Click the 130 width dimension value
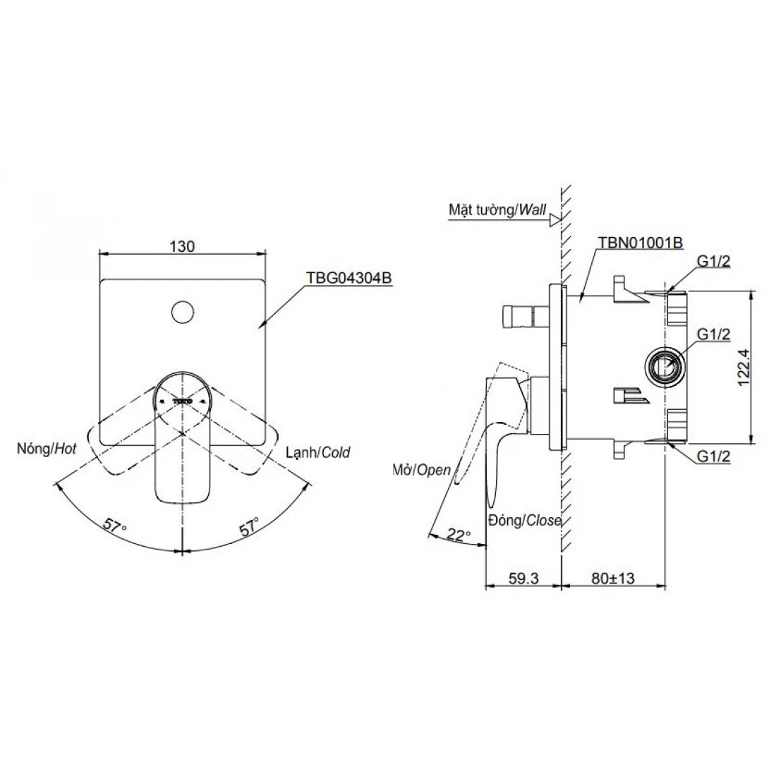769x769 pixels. click(x=182, y=246)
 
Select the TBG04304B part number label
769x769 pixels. click(x=348, y=278)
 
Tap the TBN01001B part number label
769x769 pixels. click(x=640, y=243)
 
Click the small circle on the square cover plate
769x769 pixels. click(x=183, y=310)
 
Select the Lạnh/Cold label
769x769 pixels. click(x=317, y=452)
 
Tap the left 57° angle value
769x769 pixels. click(x=114, y=526)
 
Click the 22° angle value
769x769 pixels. click(x=459, y=536)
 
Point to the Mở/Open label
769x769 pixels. click(x=421, y=469)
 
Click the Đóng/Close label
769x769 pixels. click(x=524, y=521)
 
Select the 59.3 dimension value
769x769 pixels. click(x=523, y=578)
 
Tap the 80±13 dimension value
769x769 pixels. click(x=613, y=578)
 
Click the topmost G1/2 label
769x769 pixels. click(x=713, y=262)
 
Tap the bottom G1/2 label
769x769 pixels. click(x=713, y=456)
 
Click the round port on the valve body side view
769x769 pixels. click(x=665, y=365)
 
